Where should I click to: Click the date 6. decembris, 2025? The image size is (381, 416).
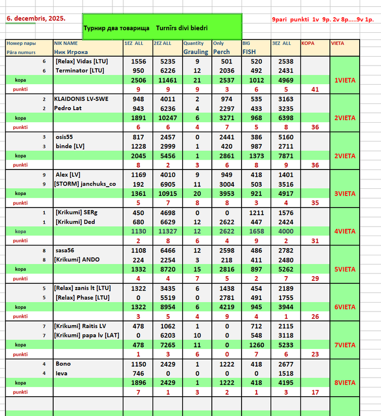[x=36, y=18]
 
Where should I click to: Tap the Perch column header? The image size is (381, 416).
[x=222, y=52]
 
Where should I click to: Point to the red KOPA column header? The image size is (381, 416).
[x=308, y=43]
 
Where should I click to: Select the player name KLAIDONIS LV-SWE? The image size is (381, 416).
[x=81, y=98]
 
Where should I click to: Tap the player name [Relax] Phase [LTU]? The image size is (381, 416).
[x=83, y=297]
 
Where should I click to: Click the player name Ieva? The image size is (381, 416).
[x=62, y=373]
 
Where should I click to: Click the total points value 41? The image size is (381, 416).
[x=314, y=89]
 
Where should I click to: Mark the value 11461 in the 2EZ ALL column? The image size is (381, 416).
[x=164, y=80]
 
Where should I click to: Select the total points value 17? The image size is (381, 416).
[x=314, y=392]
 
